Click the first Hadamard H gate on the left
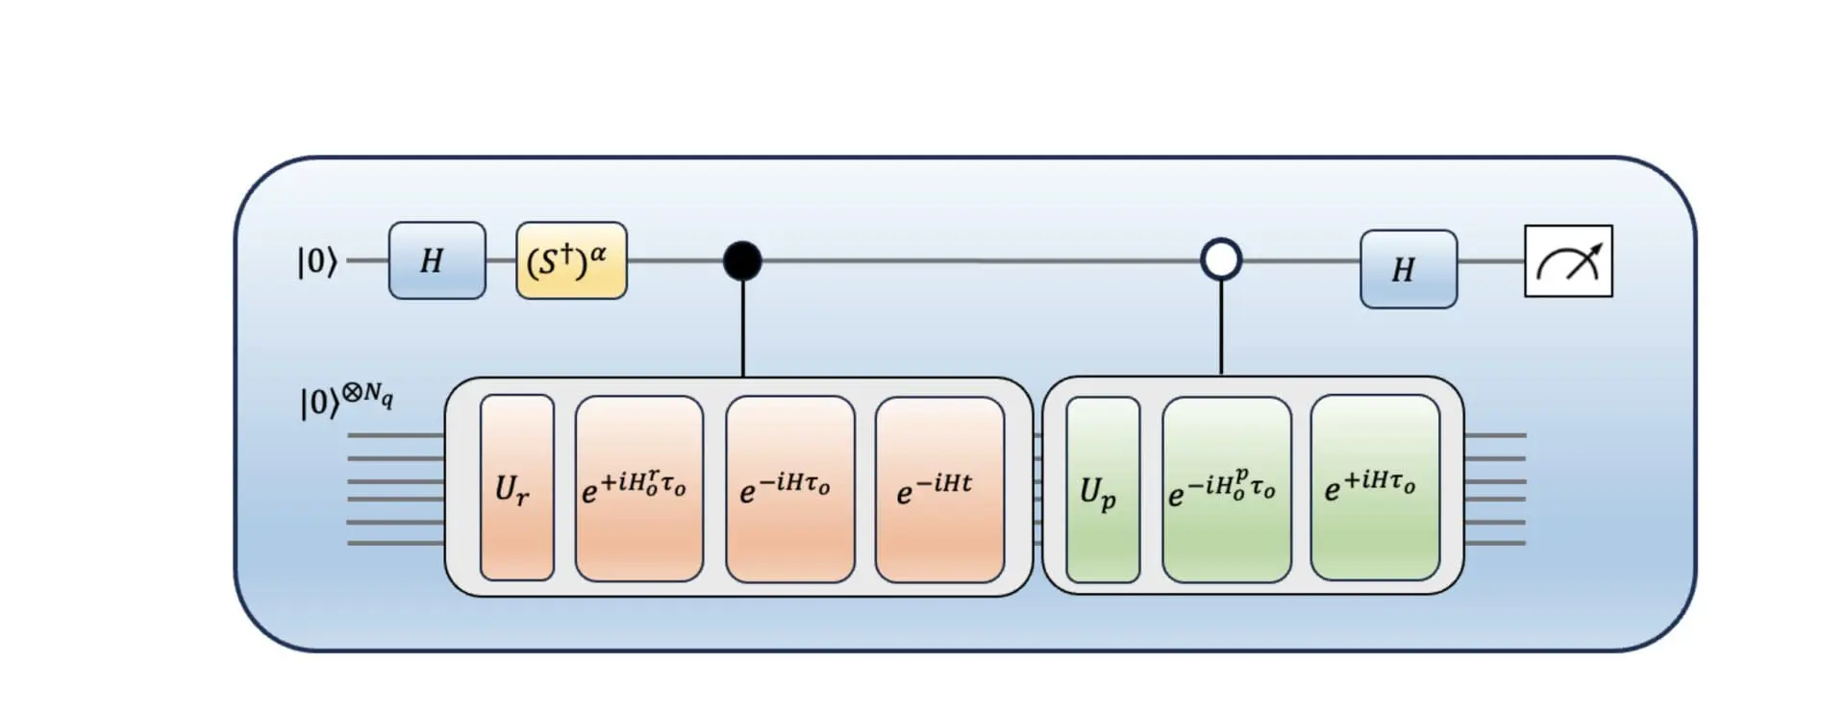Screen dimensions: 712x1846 [x=437, y=260]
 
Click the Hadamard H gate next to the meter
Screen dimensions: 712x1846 [x=1408, y=269]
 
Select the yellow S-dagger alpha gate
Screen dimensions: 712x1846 [x=571, y=260]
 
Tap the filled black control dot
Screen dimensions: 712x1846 [x=742, y=260]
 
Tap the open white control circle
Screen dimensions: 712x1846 [x=1221, y=259]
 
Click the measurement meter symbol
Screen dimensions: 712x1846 [x=1568, y=261]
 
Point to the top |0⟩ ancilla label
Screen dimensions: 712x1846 [x=317, y=261]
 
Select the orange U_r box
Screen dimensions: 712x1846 [x=517, y=488]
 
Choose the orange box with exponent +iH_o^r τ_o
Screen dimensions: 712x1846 [x=638, y=488]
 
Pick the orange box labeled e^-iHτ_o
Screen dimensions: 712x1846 [x=789, y=488]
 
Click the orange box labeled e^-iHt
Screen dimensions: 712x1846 [x=939, y=488]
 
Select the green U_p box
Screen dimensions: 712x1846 [x=1103, y=488]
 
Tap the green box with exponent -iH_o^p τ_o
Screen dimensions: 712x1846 [x=1226, y=488]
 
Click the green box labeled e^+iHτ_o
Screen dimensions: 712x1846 [x=1374, y=488]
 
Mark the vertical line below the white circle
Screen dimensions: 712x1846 [x=1221, y=328]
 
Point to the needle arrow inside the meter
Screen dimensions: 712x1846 [x=1585, y=258]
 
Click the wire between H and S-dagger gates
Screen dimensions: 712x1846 [x=501, y=260]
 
